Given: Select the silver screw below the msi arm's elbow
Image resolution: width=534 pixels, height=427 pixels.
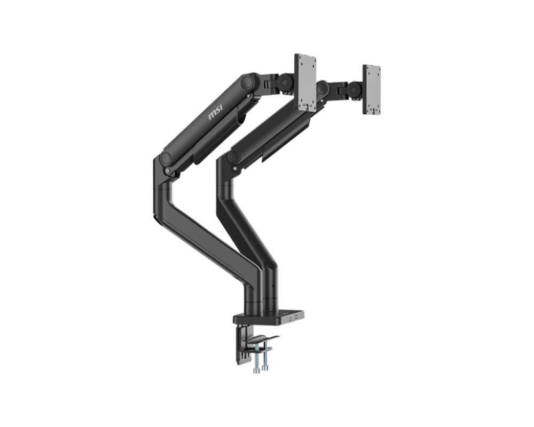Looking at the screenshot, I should [169, 171].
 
